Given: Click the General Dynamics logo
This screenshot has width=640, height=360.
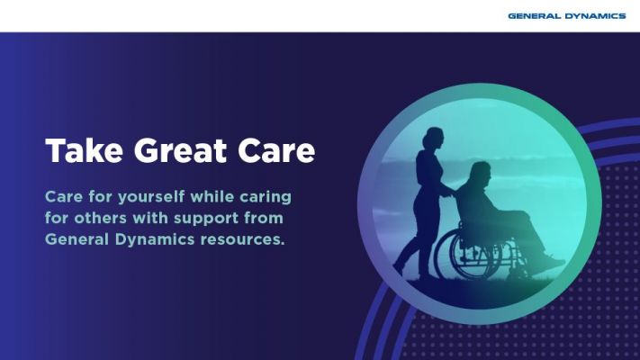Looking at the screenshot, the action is point(566,16).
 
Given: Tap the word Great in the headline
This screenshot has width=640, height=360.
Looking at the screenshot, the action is point(180,150).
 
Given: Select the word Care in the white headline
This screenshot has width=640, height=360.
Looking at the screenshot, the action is point(276,150).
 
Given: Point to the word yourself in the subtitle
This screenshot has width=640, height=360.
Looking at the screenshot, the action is point(151,197).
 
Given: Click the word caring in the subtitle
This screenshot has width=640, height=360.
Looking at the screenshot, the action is point(266,198).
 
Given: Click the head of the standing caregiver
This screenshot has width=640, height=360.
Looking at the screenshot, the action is point(433,138).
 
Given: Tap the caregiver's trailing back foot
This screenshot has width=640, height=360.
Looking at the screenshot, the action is point(399,268).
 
